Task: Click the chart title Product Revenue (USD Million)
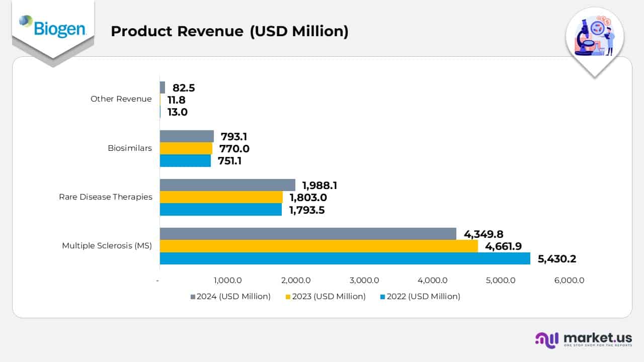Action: coord(229,31)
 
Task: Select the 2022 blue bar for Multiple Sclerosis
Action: coord(345,258)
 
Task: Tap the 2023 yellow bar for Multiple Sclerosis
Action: coord(318,246)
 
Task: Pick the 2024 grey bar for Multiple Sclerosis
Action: coord(308,234)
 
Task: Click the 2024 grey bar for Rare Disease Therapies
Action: coord(227,185)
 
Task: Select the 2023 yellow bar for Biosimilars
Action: coord(186,148)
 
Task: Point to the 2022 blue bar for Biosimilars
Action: coord(185,160)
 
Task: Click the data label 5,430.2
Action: coord(556,259)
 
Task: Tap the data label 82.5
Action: coord(184,88)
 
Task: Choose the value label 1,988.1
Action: coord(319,186)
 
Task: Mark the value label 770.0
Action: coord(234,149)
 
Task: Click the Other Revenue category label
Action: coord(121,99)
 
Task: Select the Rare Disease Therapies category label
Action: coord(106,197)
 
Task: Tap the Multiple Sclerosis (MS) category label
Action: coord(107,246)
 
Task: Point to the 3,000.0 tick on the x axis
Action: coord(364,281)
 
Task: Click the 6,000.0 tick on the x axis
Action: coord(569,281)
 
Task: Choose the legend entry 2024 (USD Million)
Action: coord(230,297)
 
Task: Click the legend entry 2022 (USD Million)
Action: coord(420,297)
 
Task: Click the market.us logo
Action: coord(584,340)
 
